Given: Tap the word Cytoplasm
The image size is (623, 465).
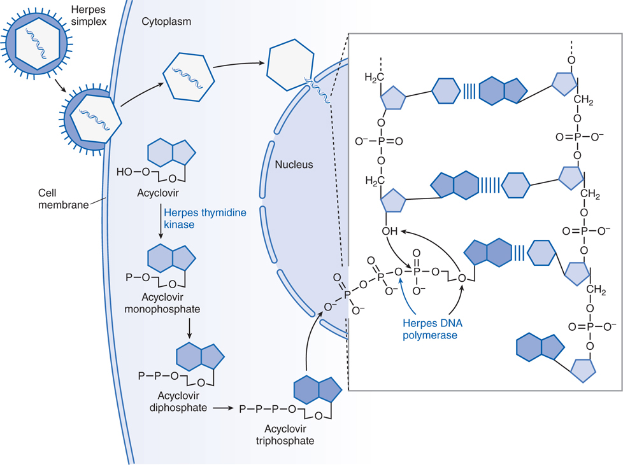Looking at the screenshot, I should [x=166, y=22].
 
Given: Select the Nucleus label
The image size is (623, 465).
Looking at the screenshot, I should [x=294, y=165].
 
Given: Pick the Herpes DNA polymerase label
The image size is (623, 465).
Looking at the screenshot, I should [x=430, y=329].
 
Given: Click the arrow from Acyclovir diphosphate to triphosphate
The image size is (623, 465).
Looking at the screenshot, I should [x=222, y=408].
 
